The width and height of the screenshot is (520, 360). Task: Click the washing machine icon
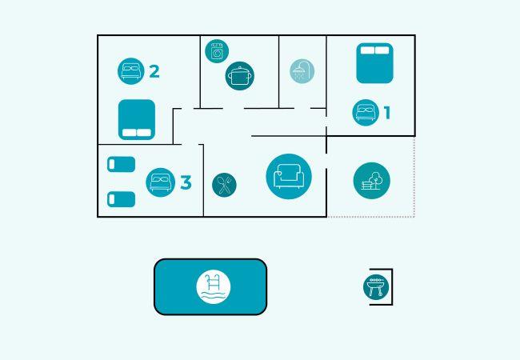coord(217,51)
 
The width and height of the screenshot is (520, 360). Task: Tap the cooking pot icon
coord(239,76)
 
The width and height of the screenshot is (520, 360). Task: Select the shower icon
coord(302,71)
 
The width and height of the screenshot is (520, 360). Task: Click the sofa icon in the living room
coord(289,176)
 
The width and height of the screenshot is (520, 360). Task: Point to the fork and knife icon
coord(224,185)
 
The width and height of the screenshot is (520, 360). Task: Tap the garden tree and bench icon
coord(371,180)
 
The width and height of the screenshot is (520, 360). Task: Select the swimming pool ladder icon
coord(214,286)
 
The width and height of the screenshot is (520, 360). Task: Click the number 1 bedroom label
coord(387,113)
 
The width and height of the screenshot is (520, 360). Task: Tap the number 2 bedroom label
coord(154,71)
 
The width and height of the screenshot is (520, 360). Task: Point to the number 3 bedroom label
coord(186,182)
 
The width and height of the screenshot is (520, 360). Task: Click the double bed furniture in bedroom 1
coord(374,63)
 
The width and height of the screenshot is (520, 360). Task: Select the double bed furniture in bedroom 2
coord(136,119)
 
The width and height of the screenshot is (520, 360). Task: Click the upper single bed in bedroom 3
coord(121,164)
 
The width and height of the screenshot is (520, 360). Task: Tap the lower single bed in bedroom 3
coord(121,198)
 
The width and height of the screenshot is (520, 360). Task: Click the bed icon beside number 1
coord(366,112)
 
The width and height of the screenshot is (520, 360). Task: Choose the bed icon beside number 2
coord(130,71)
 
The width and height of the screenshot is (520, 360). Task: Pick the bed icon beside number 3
coord(161,182)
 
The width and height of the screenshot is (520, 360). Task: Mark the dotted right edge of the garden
coord(414,176)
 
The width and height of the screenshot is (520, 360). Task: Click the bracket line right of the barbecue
coord(391,286)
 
